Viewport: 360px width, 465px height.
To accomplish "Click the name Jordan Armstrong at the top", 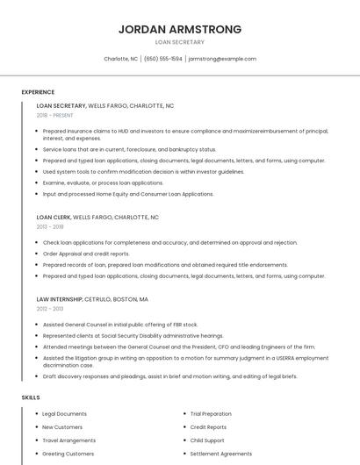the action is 180,29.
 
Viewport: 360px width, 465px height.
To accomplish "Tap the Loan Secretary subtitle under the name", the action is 180,42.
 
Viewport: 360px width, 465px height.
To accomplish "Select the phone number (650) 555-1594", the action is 163,59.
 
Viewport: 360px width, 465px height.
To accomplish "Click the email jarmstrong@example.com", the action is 222,59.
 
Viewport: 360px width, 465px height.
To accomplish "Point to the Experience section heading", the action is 38,92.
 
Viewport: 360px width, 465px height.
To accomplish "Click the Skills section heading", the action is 31,397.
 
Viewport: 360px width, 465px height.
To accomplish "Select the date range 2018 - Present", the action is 55,115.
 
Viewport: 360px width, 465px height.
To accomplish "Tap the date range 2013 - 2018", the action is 50,226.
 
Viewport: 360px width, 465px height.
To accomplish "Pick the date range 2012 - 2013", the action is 50,309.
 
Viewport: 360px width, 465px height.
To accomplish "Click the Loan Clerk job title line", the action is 97,217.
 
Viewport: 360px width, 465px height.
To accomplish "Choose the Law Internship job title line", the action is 92,299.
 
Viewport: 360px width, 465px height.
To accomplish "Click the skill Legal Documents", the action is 64,413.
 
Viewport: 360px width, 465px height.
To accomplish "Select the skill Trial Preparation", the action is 211,413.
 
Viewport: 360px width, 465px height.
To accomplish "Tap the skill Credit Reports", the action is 208,427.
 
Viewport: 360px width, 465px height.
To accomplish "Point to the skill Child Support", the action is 207,440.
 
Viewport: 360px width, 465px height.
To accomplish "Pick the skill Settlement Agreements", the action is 220,454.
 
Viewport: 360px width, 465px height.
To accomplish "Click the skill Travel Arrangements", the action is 68,440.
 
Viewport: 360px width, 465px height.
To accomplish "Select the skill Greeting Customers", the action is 68,454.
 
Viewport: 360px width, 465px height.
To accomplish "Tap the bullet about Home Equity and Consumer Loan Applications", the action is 127,194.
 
